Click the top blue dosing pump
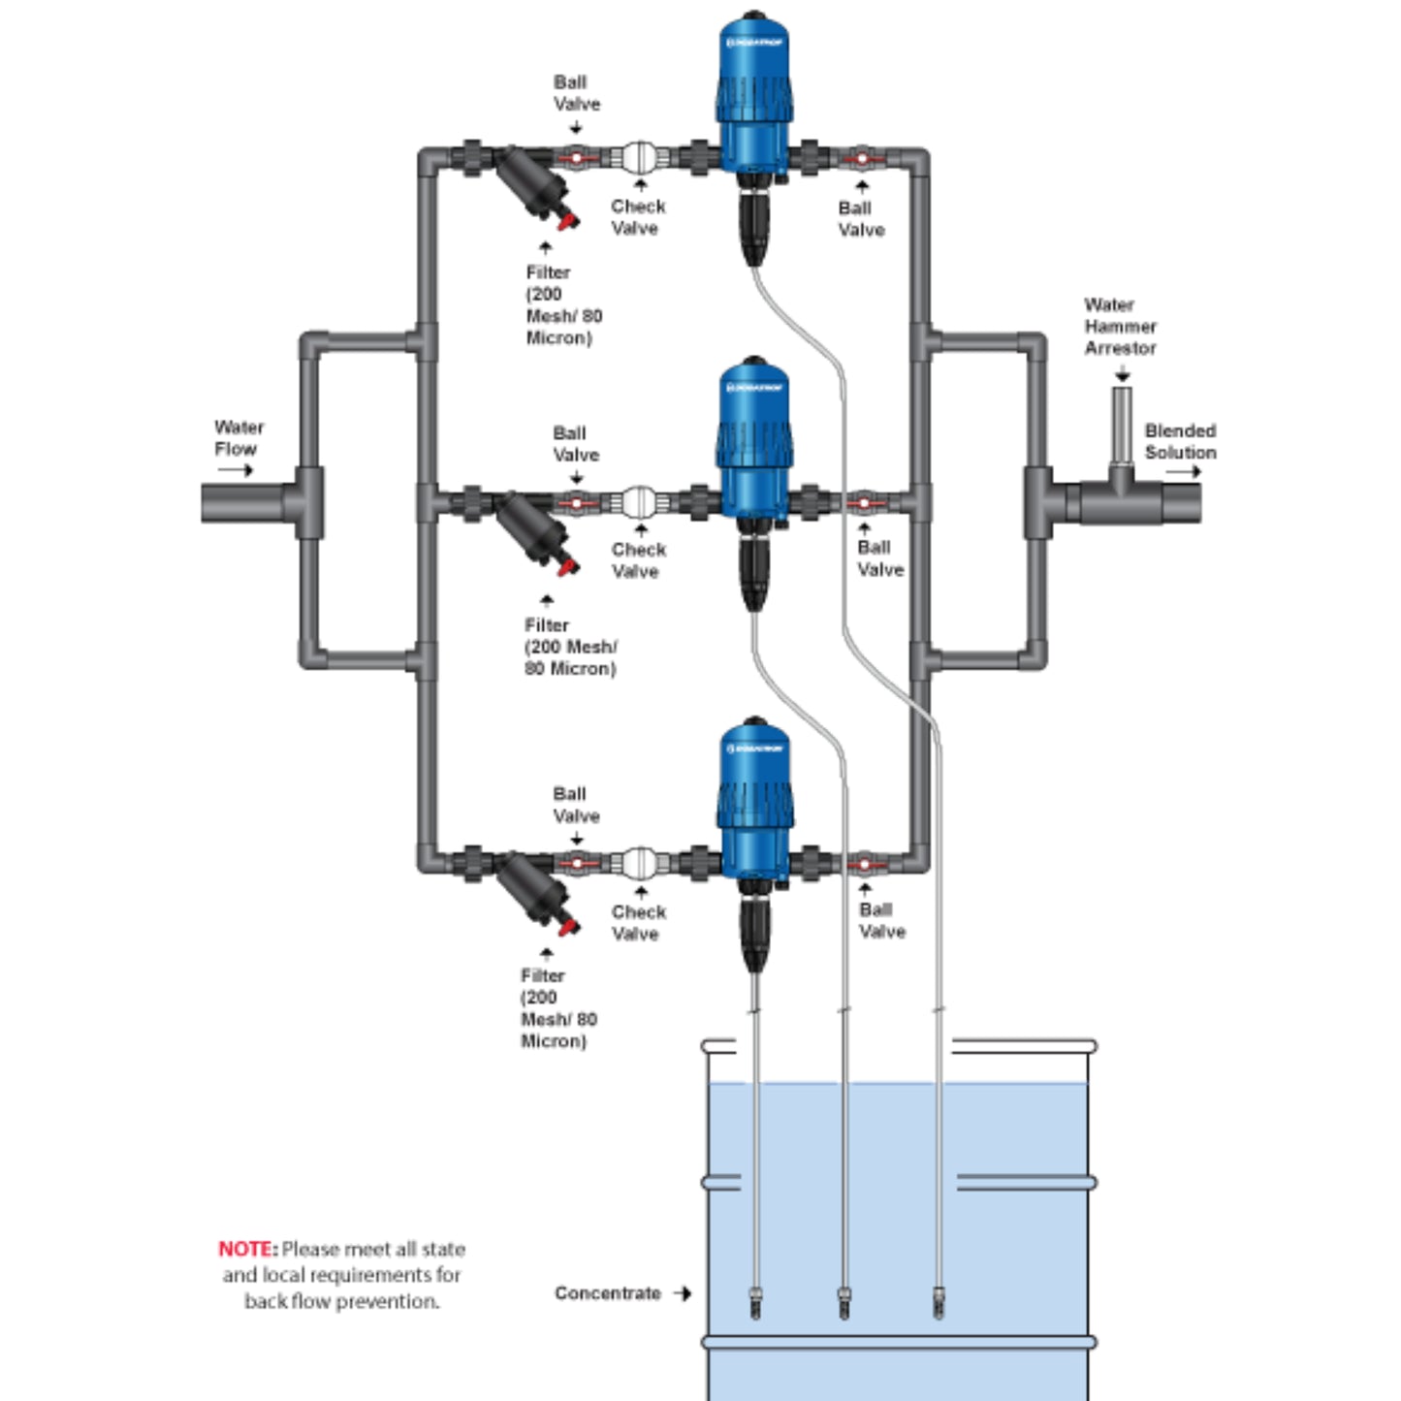pyautogui.click(x=754, y=92)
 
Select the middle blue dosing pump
pyautogui.click(x=754, y=436)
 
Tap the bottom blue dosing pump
pyautogui.click(x=754, y=797)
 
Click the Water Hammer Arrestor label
pyautogui.click(x=1120, y=327)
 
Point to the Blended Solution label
pyautogui.click(x=1180, y=441)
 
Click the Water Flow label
pyautogui.click(x=239, y=438)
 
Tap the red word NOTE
pyautogui.click(x=246, y=1249)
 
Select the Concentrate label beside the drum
pyautogui.click(x=608, y=1293)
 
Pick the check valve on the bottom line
pyautogui.click(x=639, y=862)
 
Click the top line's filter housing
pyautogui.click(x=536, y=190)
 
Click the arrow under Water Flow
pyautogui.click(x=235, y=470)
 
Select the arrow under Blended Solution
pyautogui.click(x=1183, y=472)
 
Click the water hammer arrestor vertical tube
pyautogui.click(x=1122, y=427)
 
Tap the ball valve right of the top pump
pyautogui.click(x=861, y=156)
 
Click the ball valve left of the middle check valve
pyautogui.click(x=576, y=502)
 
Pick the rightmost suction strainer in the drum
pyautogui.click(x=938, y=1301)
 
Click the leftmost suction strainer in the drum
pyautogui.click(x=755, y=1301)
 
